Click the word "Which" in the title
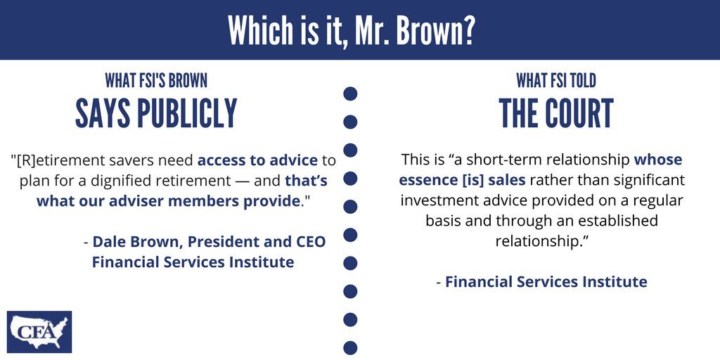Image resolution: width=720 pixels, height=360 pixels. [x=259, y=30]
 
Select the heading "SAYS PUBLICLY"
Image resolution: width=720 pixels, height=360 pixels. [x=156, y=113]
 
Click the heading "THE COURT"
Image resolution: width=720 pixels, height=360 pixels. [x=556, y=113]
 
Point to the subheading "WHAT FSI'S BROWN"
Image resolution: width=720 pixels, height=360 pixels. [x=156, y=81]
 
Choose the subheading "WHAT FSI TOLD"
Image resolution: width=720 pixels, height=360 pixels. [x=556, y=81]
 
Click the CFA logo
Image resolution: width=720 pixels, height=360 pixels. [x=39, y=332]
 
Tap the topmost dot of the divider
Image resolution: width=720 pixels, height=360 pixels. [x=350, y=94]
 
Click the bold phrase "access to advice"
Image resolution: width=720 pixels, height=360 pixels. [x=257, y=160]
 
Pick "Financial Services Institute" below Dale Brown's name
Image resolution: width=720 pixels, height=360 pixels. [x=193, y=262]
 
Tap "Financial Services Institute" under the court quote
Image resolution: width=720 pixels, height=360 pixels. [x=546, y=281]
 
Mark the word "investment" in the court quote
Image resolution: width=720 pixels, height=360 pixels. [x=436, y=200]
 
